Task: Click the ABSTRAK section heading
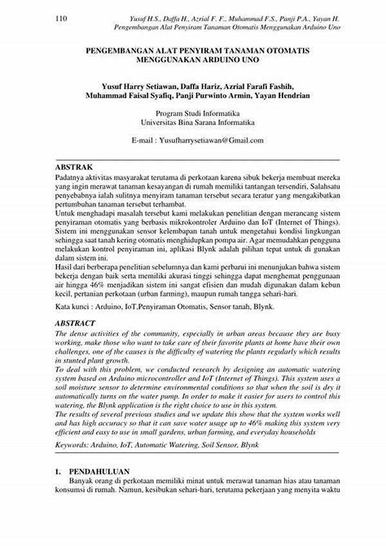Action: pos(73,166)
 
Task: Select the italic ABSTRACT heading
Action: pos(75,323)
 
